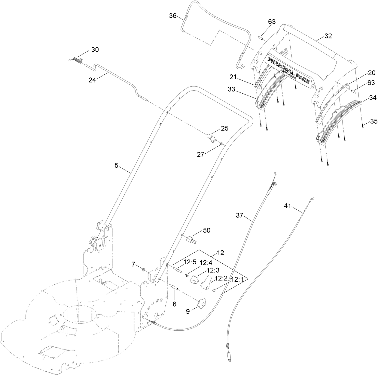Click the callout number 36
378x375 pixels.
pyautogui.click(x=173, y=16)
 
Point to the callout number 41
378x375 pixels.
pyautogui.click(x=288, y=206)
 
